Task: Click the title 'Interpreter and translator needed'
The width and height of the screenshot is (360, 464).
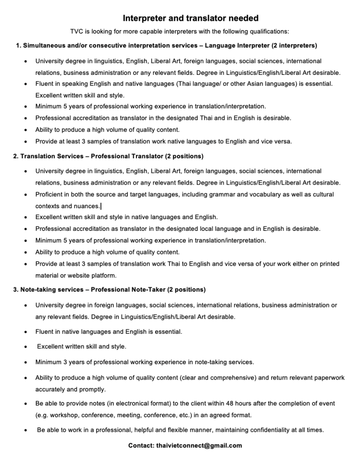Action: (x=190, y=19)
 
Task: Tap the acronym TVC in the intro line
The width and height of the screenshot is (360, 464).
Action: (x=77, y=31)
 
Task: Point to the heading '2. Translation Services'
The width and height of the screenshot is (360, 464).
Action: (x=50, y=156)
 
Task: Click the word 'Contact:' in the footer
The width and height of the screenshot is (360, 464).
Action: (x=141, y=445)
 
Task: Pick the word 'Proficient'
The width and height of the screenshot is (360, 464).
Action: (x=50, y=194)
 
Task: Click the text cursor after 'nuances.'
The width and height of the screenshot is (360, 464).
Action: (x=101, y=206)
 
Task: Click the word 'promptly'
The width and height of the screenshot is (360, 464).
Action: (x=93, y=389)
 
